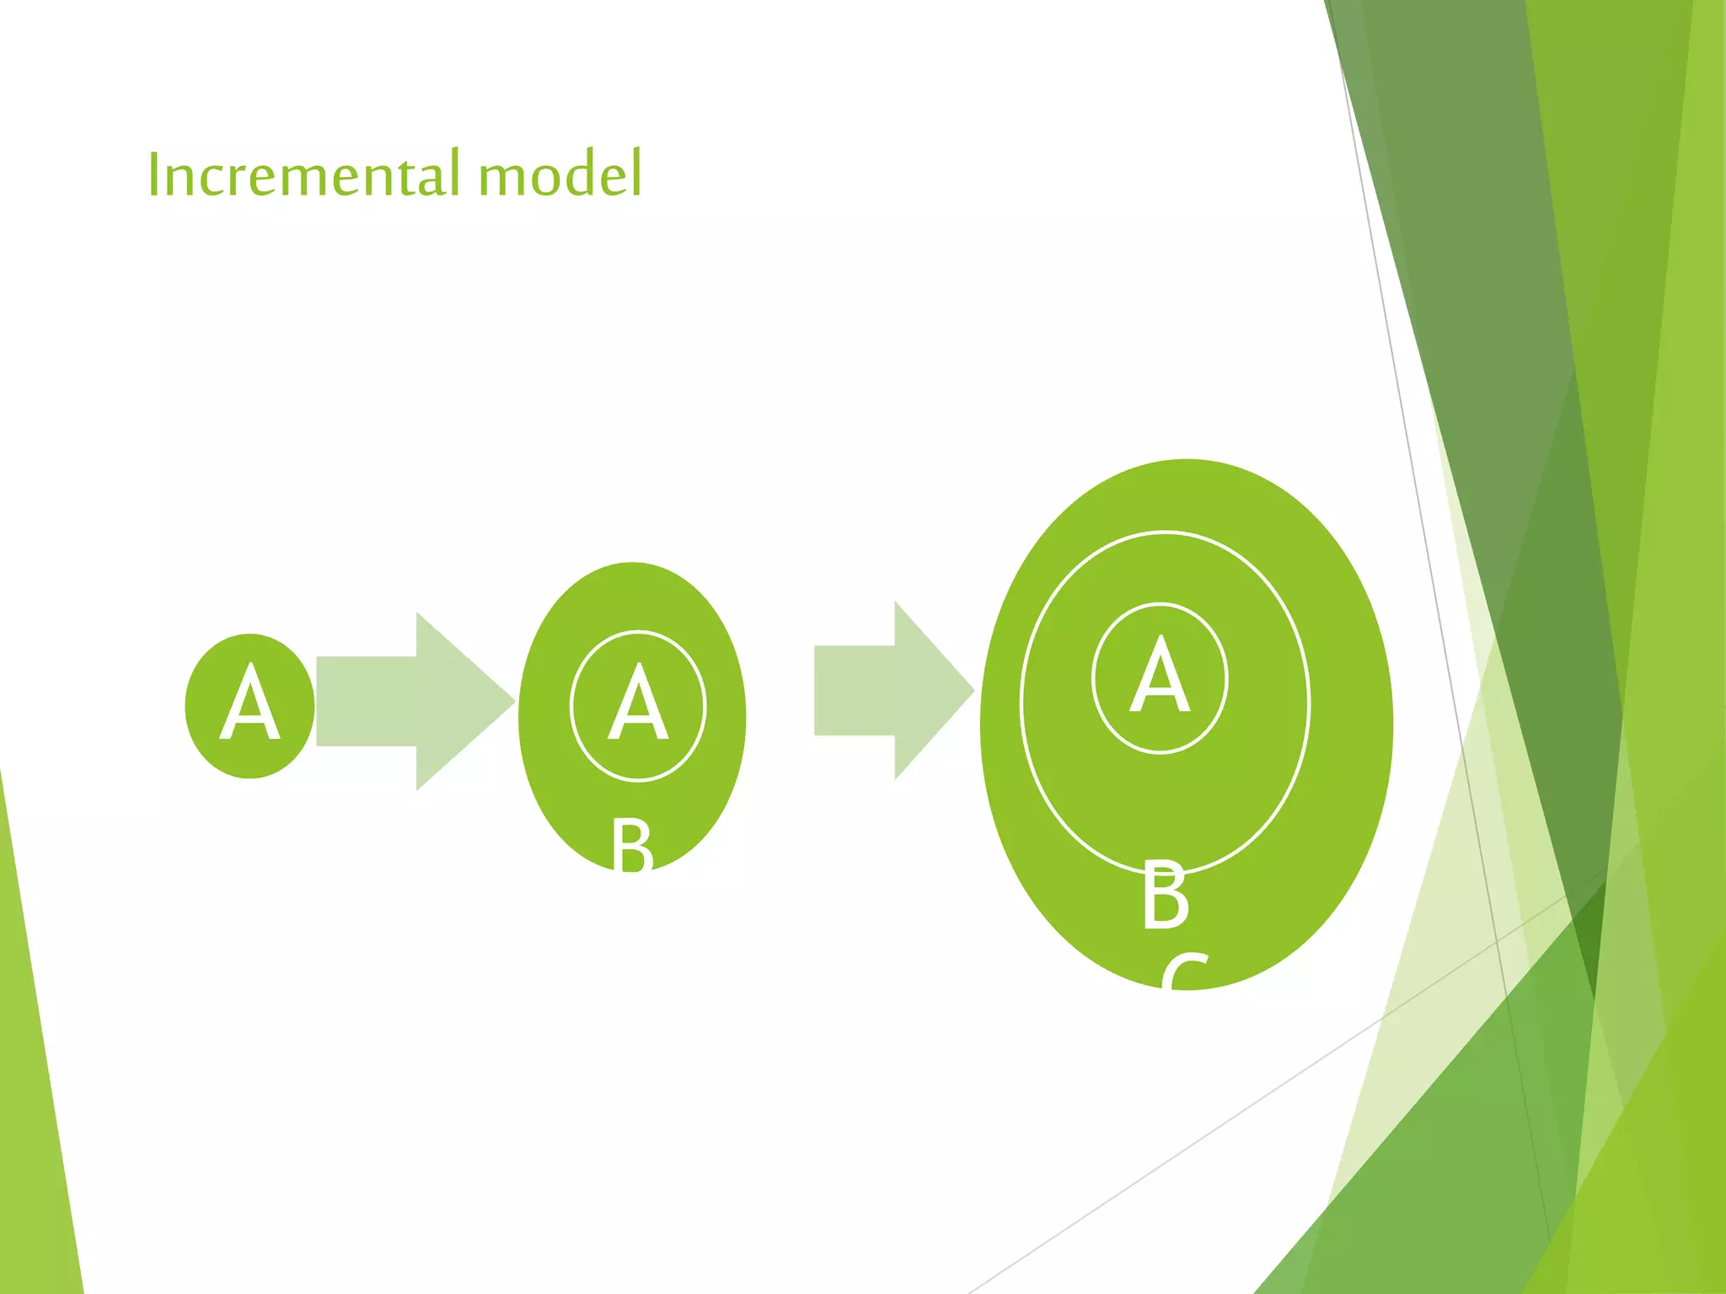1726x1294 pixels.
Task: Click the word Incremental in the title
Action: (x=304, y=174)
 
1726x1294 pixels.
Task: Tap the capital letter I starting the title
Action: (x=153, y=174)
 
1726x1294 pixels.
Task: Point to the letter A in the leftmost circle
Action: (x=249, y=703)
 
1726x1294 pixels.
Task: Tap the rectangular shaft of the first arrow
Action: (x=367, y=701)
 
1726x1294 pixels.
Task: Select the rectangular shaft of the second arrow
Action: (x=854, y=691)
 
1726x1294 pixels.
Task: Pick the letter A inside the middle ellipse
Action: (x=638, y=703)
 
